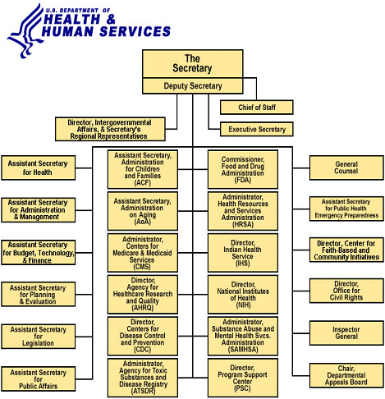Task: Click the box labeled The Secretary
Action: (192, 64)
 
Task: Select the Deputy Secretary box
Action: (192, 85)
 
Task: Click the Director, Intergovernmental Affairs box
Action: (110, 129)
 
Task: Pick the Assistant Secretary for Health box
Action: (38, 167)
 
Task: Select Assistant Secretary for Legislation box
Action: (38, 335)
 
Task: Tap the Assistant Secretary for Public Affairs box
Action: (38, 378)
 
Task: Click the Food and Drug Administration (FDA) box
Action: (243, 169)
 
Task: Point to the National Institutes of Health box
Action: (243, 294)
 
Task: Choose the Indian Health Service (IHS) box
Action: (243, 253)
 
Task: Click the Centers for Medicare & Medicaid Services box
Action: (142, 253)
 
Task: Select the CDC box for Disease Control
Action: (142, 336)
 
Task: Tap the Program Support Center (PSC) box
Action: (243, 378)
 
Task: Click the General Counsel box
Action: (346, 167)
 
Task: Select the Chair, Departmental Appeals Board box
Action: (346, 376)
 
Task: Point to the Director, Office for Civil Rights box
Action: (346, 291)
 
